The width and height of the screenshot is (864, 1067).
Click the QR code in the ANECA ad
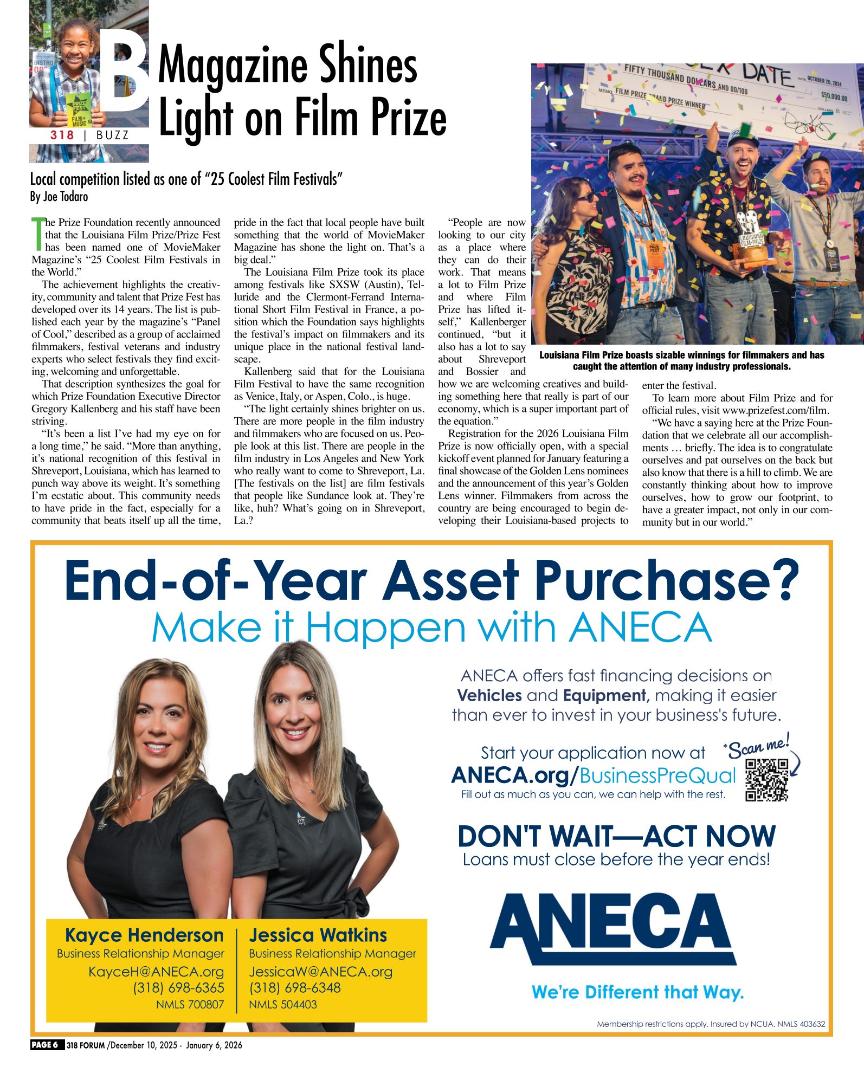766,780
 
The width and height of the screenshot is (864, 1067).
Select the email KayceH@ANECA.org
156,972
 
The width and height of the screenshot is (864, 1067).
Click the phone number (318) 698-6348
295,988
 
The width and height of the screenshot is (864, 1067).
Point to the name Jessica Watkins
318,935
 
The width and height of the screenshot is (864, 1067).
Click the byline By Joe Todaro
59,197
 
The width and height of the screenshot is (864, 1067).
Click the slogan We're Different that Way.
637,992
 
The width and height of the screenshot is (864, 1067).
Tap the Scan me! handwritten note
758,747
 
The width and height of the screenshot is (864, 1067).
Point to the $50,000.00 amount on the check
834,96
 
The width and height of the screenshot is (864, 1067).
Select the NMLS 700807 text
190,1004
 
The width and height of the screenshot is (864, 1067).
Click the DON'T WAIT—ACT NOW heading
616,836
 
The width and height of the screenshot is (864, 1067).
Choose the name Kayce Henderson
144,935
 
